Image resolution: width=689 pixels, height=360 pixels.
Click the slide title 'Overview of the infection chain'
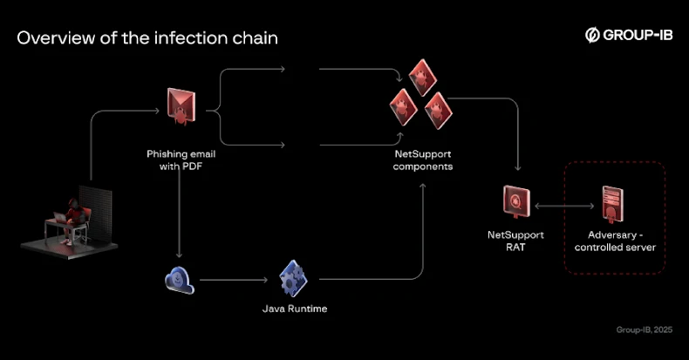tap(147, 38)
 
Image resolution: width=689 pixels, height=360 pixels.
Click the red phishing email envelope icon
tap(181, 105)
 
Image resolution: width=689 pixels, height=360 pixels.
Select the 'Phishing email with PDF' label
tap(181, 160)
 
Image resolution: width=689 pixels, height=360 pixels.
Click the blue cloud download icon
tap(179, 281)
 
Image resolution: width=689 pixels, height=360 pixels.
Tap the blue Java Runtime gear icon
tap(294, 280)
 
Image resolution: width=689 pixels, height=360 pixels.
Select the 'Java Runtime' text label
tap(294, 309)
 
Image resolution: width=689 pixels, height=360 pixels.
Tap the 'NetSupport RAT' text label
tap(515, 241)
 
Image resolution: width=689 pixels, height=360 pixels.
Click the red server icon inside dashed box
tap(614, 206)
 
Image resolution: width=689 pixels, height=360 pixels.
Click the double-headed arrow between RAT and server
tap(564, 207)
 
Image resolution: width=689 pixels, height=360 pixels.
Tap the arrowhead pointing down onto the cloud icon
tap(179, 255)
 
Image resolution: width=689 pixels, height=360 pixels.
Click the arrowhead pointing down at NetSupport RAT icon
tap(519, 169)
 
